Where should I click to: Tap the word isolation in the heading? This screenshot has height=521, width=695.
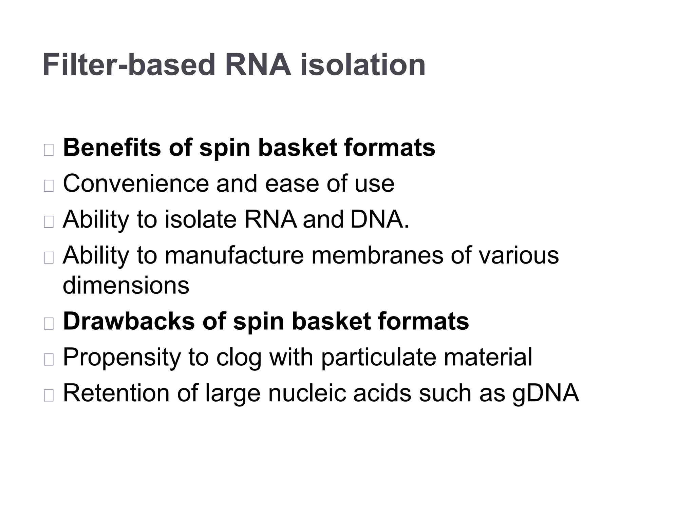pos(363,65)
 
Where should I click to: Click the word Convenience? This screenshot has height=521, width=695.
pos(136,184)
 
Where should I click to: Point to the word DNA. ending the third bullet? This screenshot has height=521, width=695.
pos(380,219)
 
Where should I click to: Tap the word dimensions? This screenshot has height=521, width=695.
pos(126,286)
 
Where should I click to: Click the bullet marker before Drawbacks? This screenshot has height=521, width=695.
pos(49,324)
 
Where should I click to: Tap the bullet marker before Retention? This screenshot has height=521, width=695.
pos(49,395)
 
